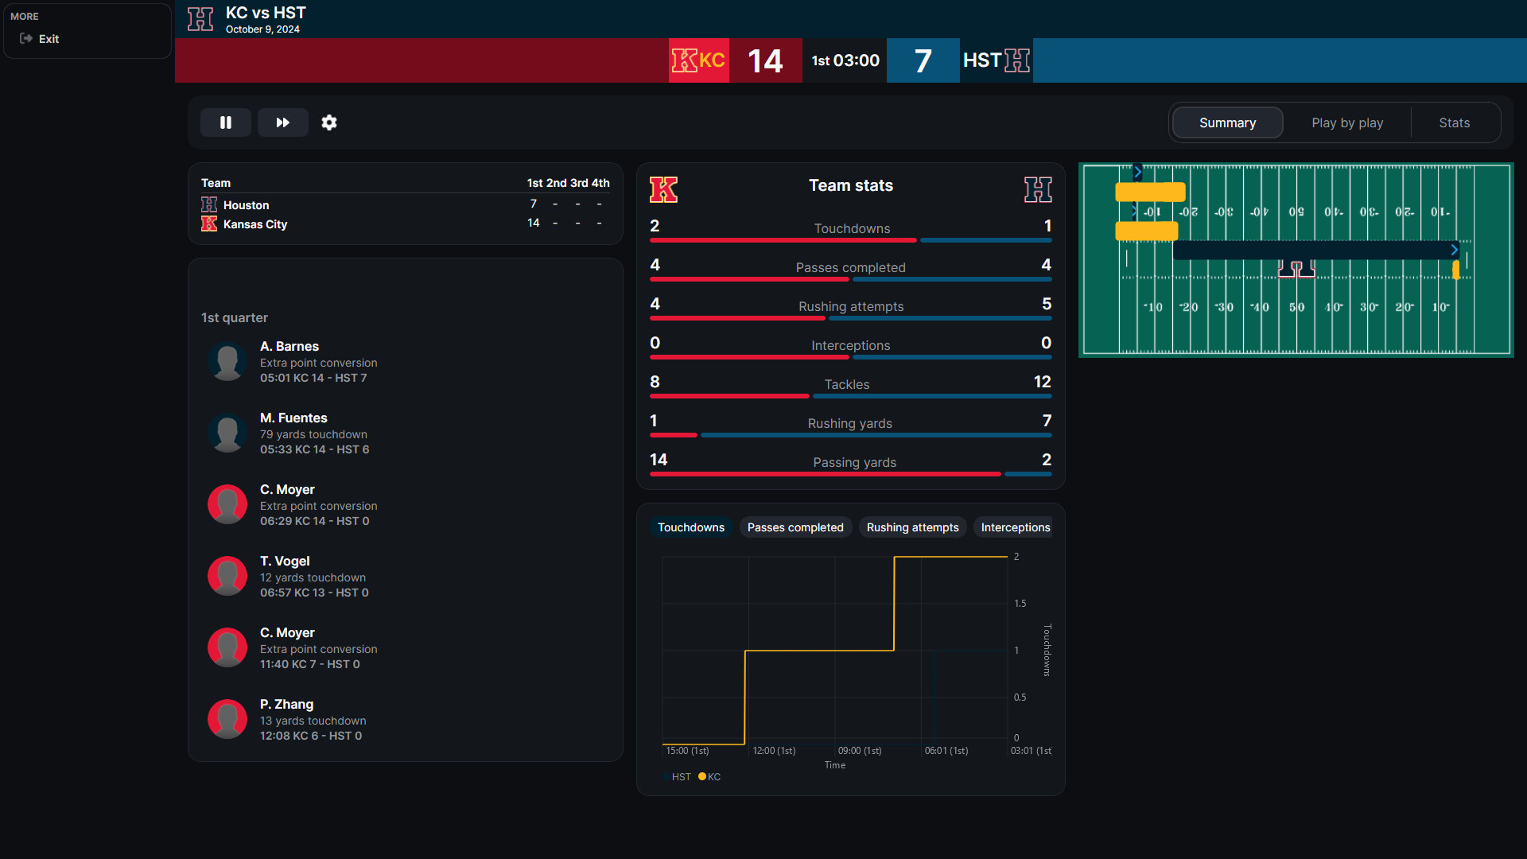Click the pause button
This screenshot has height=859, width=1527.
tap(226, 122)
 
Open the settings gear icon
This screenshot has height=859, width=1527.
tap(329, 122)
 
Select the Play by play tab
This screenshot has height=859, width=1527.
tap(1346, 122)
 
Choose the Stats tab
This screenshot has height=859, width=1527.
tap(1454, 122)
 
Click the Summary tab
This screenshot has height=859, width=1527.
tap(1227, 122)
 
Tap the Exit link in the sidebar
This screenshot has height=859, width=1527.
tap(49, 39)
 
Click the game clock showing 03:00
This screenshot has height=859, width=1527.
tap(856, 60)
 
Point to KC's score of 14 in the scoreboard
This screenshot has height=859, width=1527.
tap(765, 61)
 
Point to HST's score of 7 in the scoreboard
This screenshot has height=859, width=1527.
tap(923, 61)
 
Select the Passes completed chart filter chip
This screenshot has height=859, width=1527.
tap(795, 527)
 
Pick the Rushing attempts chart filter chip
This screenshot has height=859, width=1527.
tap(912, 527)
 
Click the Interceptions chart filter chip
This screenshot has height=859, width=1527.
tap(1015, 527)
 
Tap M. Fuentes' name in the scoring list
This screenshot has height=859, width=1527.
tap(293, 418)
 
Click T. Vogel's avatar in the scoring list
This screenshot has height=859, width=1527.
tap(227, 576)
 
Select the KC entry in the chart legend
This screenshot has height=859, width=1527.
tap(709, 777)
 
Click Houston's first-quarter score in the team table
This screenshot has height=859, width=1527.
tap(534, 204)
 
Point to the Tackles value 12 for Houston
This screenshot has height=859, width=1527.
tap(1042, 382)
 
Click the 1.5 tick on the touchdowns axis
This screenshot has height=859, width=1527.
tap(1020, 604)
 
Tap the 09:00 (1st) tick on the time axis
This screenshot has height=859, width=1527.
tap(860, 751)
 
